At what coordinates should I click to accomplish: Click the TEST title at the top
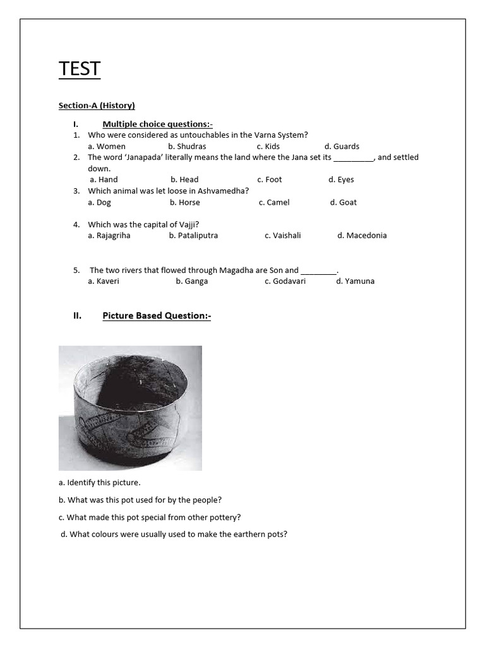80,68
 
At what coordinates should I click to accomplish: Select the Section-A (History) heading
97,106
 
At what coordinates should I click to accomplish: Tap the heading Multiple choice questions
157,124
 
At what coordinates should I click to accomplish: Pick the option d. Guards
342,147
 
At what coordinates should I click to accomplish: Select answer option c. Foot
270,179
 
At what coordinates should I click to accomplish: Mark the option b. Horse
184,202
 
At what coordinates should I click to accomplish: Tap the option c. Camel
274,202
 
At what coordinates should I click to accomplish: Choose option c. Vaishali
283,235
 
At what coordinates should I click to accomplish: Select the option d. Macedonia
362,235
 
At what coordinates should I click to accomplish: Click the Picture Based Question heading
157,315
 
